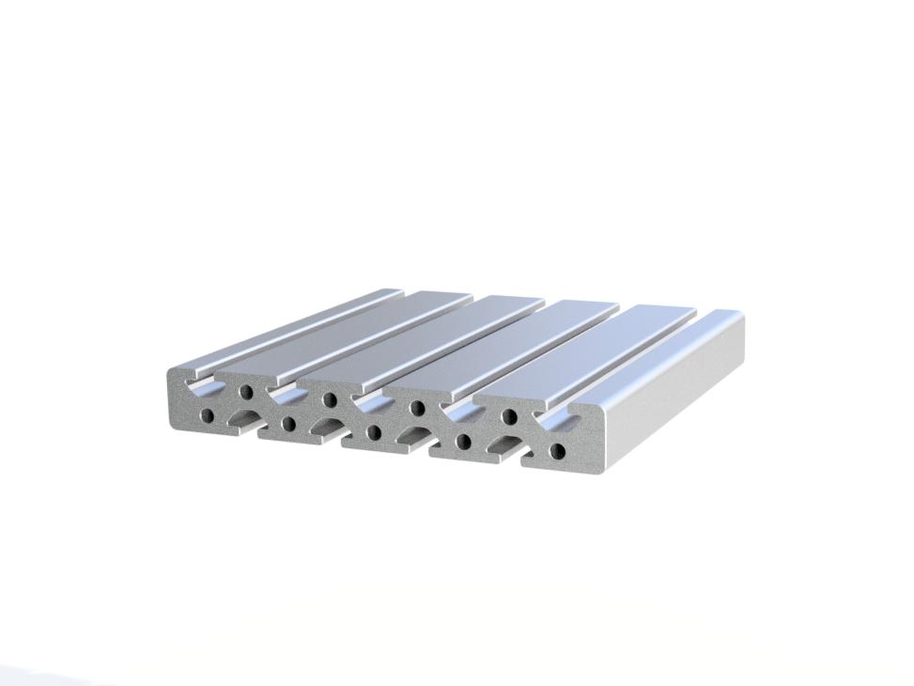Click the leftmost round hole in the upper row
(246, 391)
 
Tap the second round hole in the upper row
(330, 399)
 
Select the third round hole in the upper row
(416, 408)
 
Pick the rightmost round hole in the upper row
(509, 416)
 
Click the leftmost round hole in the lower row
(208, 414)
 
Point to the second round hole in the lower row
(288, 424)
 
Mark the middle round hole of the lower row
(374, 433)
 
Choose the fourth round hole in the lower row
(462, 442)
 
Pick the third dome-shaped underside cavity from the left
(411, 436)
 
